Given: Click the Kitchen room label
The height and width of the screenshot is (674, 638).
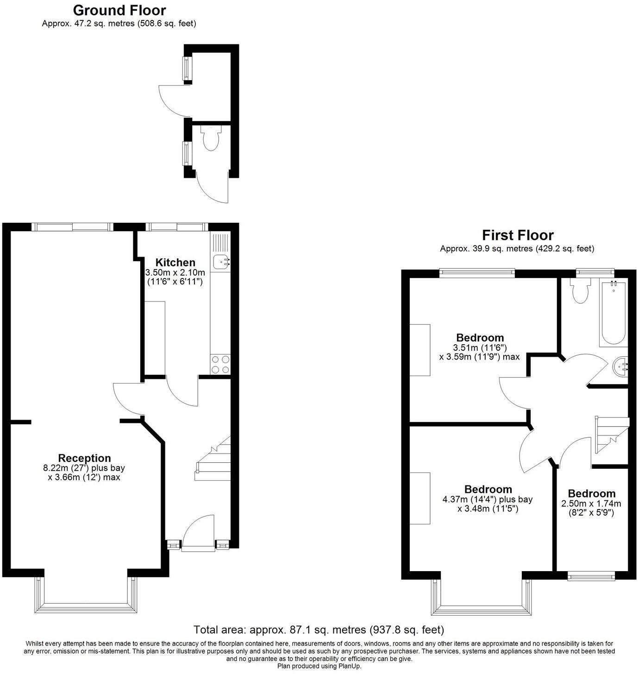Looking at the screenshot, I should coord(175,263).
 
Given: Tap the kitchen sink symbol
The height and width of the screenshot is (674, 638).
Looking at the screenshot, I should coord(221,262).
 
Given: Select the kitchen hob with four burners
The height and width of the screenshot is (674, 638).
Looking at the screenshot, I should coord(220,364).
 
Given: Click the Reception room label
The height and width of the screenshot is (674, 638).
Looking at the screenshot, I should coord(84,458).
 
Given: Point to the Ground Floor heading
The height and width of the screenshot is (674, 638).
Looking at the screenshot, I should coord(119,10).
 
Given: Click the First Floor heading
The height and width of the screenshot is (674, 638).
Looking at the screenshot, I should coord(518,235).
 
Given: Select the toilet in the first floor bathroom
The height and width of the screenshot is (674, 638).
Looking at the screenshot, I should coord(580,291).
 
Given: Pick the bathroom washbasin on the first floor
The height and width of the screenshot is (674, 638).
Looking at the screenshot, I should coord(620,367).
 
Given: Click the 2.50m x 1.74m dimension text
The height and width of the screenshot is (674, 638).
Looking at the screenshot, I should coord(591,504).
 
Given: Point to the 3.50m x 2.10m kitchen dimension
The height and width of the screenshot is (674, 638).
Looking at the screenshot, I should coord(175,272).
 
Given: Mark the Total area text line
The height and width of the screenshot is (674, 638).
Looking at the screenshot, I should coord(319,630).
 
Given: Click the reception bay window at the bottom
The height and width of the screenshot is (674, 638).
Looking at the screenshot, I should coord(86,602).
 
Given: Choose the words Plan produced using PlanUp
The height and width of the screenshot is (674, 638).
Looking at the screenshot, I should coord(319,666).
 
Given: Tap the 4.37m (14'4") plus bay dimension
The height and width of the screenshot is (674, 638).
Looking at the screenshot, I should coord(488,499).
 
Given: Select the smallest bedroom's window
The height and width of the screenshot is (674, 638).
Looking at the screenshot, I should coord(591,577).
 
